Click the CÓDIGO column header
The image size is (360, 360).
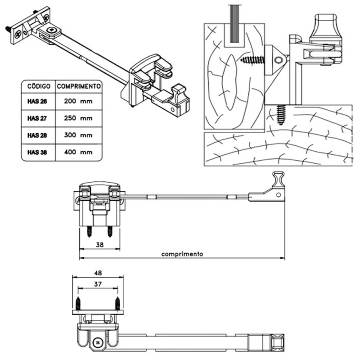point(38,85)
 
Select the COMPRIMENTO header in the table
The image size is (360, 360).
point(78,85)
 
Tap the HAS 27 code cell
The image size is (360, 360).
point(37,118)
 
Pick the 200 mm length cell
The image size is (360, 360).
point(78,101)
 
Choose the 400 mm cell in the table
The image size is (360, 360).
point(78,152)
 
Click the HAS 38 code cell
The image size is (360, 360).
point(37,152)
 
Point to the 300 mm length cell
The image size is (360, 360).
point(78,135)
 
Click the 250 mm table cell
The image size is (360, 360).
point(78,118)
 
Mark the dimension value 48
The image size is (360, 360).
point(98,273)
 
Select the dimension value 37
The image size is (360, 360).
point(98,284)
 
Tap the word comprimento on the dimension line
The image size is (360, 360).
point(182,254)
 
